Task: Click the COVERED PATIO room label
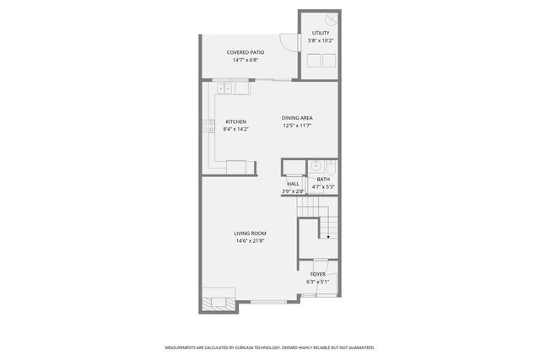[246, 52]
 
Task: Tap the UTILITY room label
[321, 33]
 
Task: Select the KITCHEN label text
[235, 121]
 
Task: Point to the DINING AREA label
[297, 118]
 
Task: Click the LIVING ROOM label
[251, 234]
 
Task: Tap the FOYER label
[317, 274]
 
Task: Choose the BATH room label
[323, 179]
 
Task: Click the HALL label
[293, 184]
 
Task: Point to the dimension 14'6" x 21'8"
[251, 241]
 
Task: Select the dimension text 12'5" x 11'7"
[297, 126]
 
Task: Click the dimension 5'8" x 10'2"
[321, 40]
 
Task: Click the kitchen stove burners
[208, 127]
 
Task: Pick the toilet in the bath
[331, 166]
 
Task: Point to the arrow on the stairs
[327, 237]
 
